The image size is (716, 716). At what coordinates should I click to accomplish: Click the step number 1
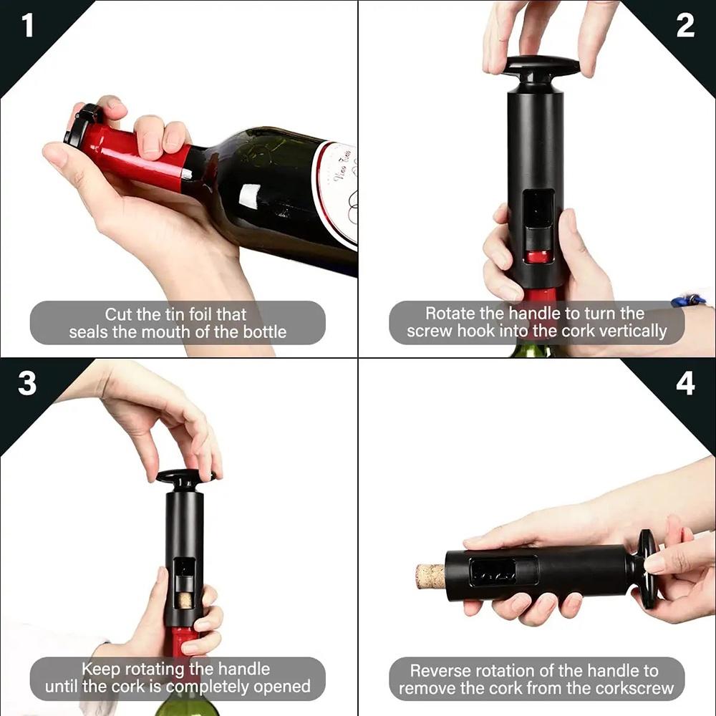point(27,26)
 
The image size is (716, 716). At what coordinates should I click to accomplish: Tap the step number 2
point(684,26)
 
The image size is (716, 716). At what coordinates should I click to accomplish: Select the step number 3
point(27,384)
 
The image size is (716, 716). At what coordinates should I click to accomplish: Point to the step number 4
point(684,384)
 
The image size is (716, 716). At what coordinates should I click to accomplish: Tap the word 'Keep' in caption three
point(101,669)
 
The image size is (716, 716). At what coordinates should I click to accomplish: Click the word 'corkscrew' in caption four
point(634,689)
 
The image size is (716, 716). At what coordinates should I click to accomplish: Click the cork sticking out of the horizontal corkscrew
point(430,576)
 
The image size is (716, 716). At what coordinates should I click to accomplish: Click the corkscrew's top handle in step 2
point(541,66)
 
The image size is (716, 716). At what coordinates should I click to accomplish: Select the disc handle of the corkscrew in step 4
point(647,569)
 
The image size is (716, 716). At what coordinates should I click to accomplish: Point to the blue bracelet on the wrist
point(690,300)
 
